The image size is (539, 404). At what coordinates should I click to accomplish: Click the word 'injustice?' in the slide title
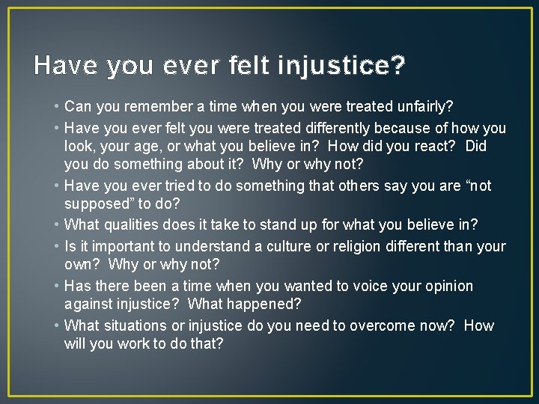341,66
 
